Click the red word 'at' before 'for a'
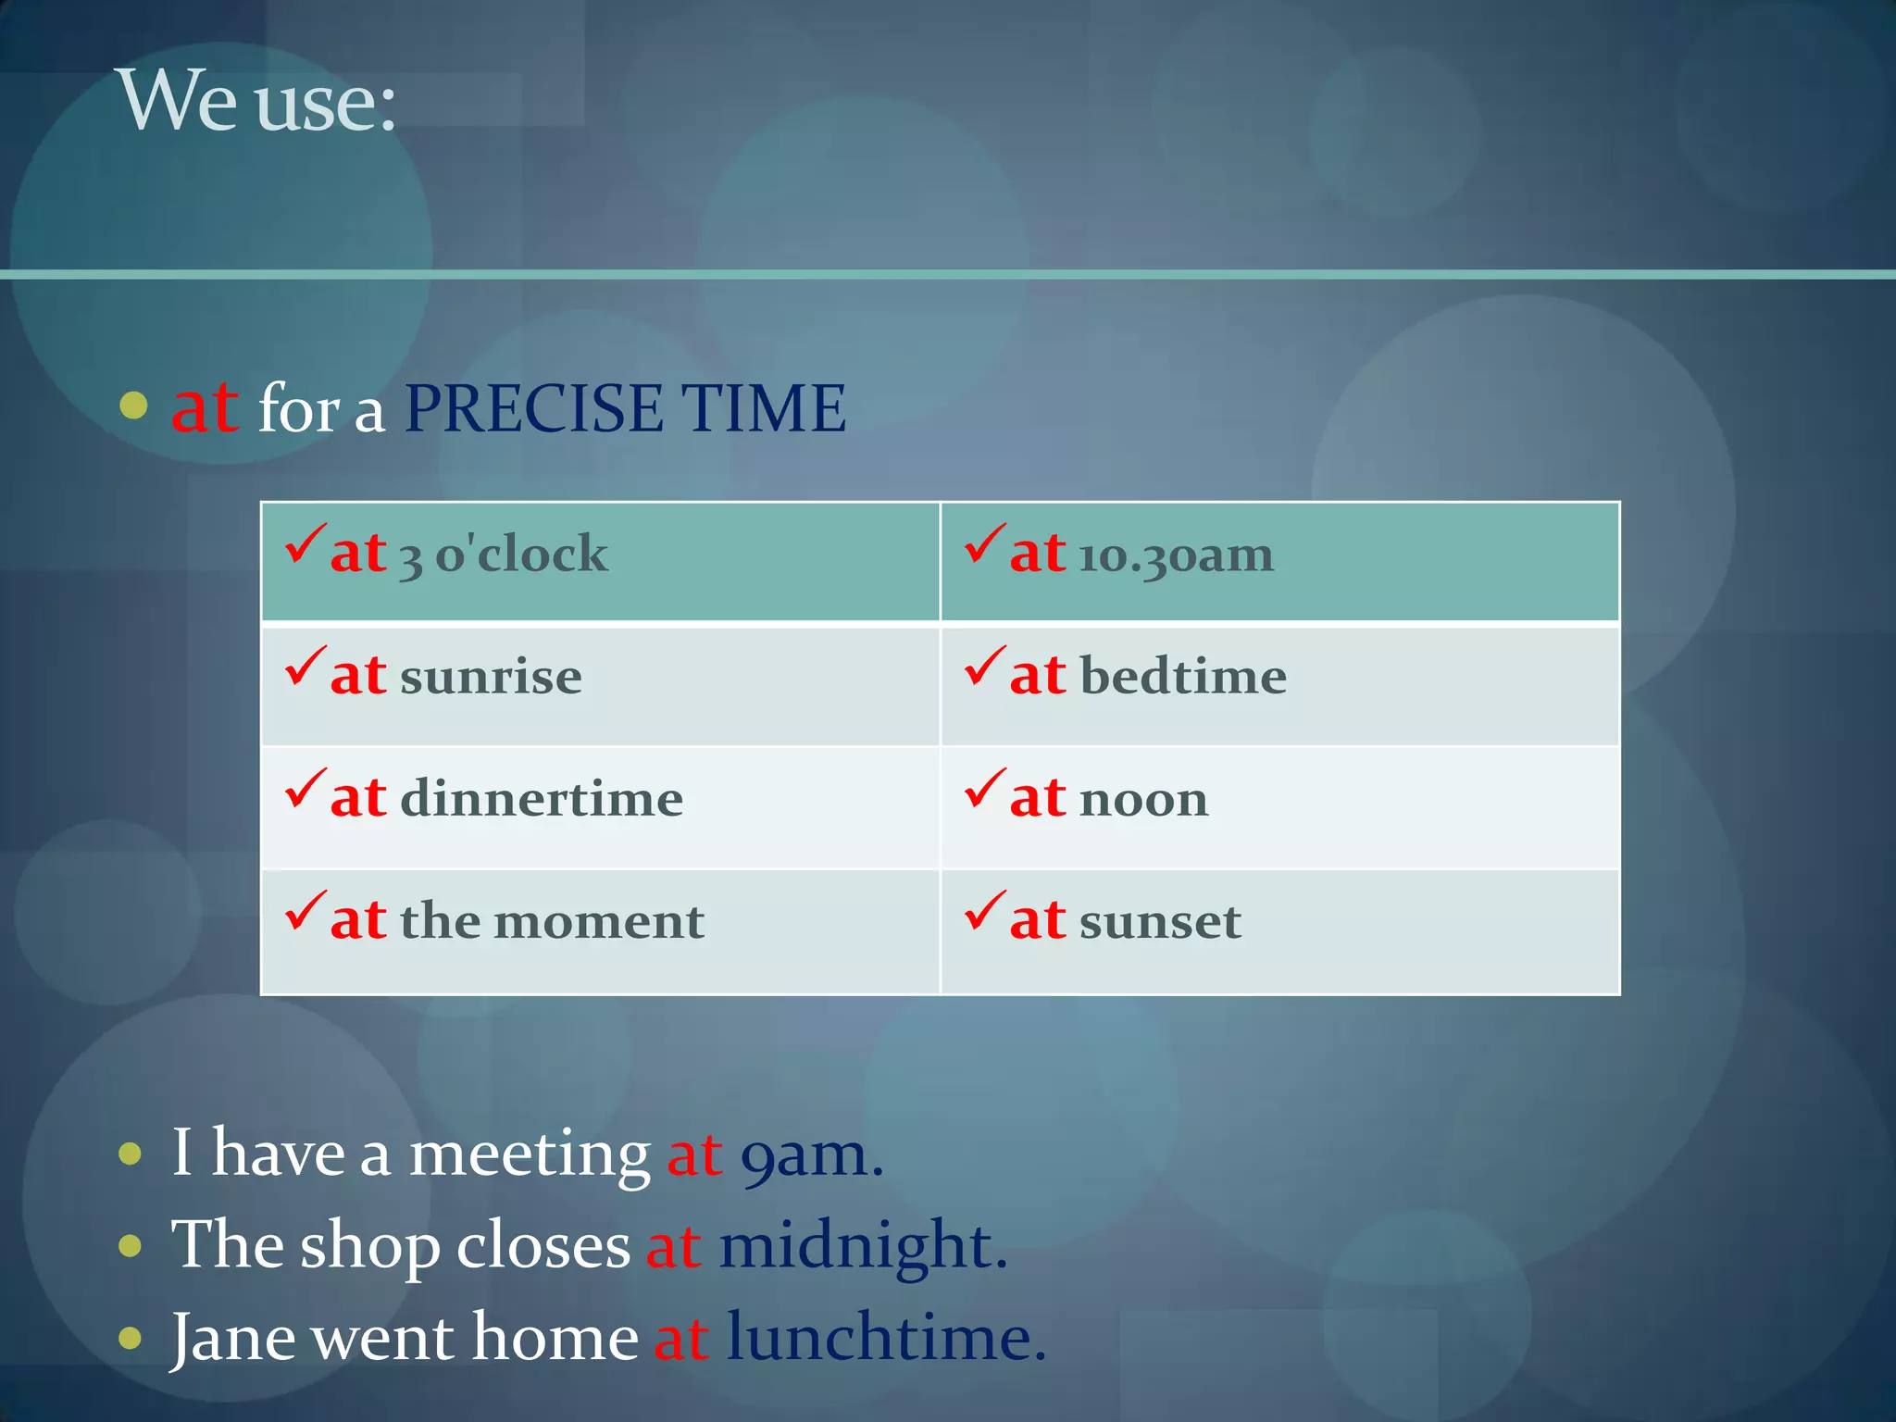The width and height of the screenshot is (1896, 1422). [205, 408]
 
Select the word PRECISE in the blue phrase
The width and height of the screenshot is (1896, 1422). [534, 408]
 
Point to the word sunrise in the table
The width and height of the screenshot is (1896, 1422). [491, 678]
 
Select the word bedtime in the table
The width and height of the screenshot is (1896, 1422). [1183, 677]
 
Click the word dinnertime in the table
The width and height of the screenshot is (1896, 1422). [542, 799]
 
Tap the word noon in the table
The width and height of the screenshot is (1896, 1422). [1144, 800]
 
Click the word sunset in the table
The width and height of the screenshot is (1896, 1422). [1160, 922]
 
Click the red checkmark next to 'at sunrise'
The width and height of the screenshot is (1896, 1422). [306, 667]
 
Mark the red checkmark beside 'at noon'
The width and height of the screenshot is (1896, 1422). [985, 789]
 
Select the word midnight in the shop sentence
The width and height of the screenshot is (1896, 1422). [862, 1246]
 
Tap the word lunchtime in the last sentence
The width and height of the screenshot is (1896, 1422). [885, 1339]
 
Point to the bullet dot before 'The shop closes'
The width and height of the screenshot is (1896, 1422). [131, 1246]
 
